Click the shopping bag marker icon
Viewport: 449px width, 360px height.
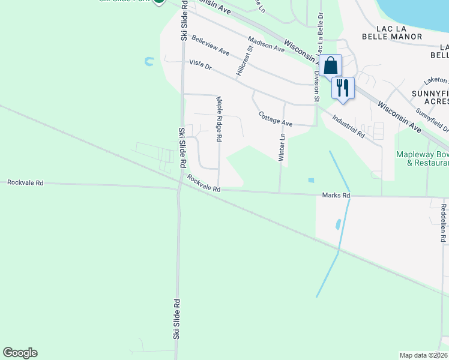click(330, 65)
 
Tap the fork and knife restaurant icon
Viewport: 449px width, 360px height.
click(343, 88)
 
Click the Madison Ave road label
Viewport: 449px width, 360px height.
click(266, 44)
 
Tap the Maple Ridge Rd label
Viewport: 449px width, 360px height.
click(219, 118)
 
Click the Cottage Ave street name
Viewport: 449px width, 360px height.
click(275, 119)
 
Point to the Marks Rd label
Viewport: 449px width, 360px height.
click(336, 196)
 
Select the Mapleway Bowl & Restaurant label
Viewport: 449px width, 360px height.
click(423, 158)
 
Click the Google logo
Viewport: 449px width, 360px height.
click(20, 353)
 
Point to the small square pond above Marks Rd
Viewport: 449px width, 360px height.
click(310, 180)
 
